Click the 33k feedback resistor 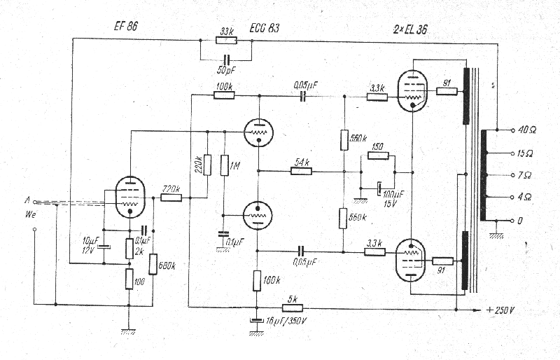pyautogui.click(x=226, y=41)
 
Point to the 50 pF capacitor pyautogui.click(x=225, y=59)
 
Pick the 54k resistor pyautogui.click(x=302, y=170)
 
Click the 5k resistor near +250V pyautogui.click(x=292, y=307)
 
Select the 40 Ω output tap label pyautogui.click(x=526, y=130)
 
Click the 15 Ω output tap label pyautogui.click(x=526, y=152)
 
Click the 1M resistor pyautogui.click(x=224, y=166)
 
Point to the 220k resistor pyautogui.click(x=207, y=165)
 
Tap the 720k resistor pyautogui.click(x=171, y=198)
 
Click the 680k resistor pyautogui.click(x=153, y=263)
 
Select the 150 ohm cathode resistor pyautogui.click(x=377, y=155)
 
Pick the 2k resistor pyautogui.click(x=129, y=248)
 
